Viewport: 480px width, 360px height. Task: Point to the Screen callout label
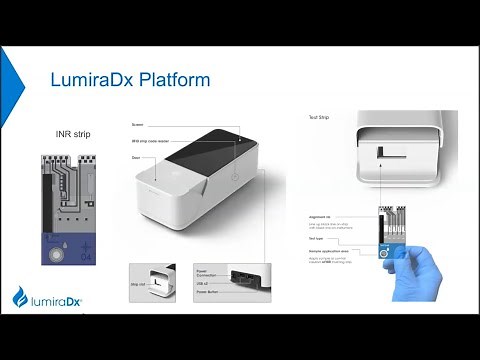click(x=137, y=123)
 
